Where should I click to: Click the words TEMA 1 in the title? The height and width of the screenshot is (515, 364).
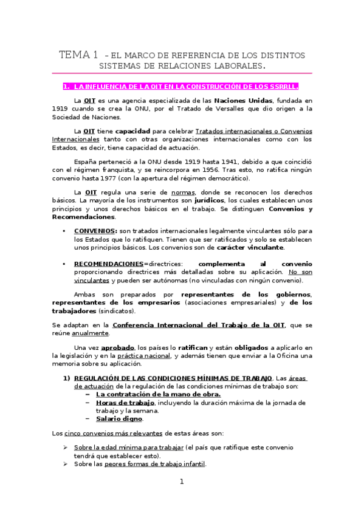click(x=79, y=55)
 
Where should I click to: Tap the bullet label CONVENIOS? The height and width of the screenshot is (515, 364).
click(x=95, y=231)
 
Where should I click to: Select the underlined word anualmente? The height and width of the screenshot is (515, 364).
click(x=90, y=333)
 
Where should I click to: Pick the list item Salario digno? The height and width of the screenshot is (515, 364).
click(x=119, y=418)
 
